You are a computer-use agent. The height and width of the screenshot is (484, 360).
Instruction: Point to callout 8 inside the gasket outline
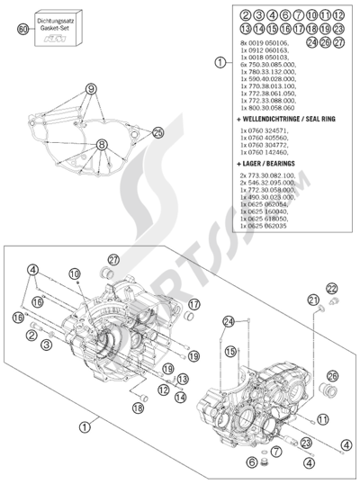(103, 144)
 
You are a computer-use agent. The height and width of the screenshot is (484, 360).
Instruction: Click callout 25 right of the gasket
(158, 133)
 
